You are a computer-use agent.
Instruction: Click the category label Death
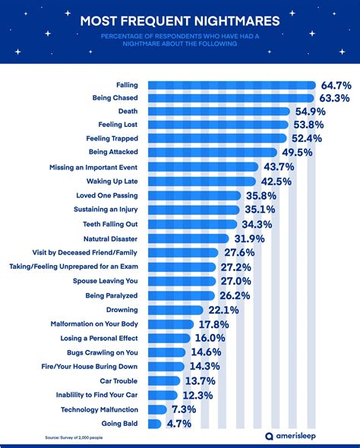point(128,111)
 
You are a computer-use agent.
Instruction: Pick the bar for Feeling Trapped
point(217,138)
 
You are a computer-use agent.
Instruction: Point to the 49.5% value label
point(298,152)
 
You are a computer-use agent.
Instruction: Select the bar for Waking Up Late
point(201,181)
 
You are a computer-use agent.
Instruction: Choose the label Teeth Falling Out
point(109,224)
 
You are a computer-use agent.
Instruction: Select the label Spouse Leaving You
point(106,281)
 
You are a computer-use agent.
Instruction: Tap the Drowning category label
point(122,310)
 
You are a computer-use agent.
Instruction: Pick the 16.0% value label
point(209,338)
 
